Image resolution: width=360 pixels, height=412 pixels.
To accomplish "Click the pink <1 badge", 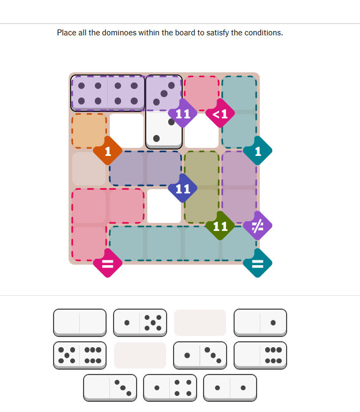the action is click(220, 113).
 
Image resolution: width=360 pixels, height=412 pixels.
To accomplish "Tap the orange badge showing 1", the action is click(108, 151).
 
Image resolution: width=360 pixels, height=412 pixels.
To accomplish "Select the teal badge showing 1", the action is click(258, 151).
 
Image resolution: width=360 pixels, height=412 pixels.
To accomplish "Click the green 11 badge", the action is click(220, 226).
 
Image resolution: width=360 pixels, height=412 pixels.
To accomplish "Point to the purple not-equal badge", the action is click(258, 226).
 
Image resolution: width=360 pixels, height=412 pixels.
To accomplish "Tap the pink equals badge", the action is click(108, 263).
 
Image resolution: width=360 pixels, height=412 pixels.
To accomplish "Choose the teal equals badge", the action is click(258, 263).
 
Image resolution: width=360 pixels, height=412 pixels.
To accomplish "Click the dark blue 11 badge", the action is click(183, 188).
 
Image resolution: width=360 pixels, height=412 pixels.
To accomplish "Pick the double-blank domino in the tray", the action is click(80, 323).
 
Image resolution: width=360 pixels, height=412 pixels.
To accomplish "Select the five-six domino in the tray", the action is click(80, 356).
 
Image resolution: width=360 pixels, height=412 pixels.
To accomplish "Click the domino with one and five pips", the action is click(140, 323).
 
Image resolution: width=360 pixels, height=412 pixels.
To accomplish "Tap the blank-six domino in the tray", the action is click(260, 356).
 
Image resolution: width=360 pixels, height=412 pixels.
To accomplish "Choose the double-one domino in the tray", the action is click(230, 388).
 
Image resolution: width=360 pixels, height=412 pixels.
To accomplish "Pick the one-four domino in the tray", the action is click(170, 388).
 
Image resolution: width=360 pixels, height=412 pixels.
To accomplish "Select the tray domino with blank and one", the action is click(260, 323).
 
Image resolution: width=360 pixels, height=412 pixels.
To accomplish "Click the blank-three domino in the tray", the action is click(110, 388).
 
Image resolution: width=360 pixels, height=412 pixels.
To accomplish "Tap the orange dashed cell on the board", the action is click(89, 131).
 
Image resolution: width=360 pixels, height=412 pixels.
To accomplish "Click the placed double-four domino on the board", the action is click(108, 93).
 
